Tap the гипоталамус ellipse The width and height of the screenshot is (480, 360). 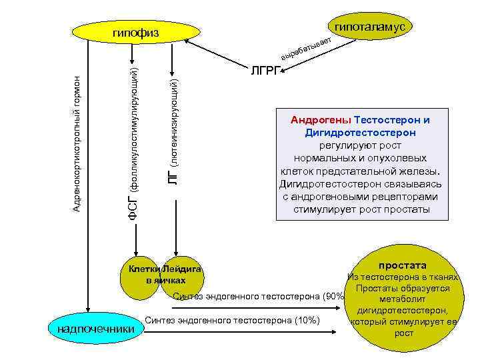(x=369, y=25)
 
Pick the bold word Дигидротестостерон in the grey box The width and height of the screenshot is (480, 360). (x=361, y=133)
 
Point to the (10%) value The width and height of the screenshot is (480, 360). (x=307, y=321)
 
